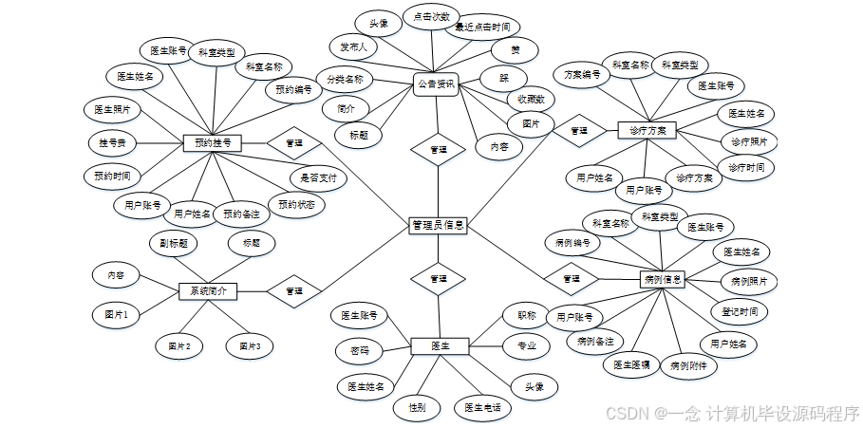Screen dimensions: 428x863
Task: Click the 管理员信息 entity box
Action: [438, 225]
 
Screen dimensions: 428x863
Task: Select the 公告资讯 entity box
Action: [436, 84]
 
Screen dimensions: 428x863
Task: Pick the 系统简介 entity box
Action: [207, 290]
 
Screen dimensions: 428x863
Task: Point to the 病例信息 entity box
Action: [663, 279]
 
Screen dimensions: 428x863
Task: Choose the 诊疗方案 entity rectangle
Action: [647, 129]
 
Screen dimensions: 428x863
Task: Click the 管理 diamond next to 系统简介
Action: [293, 290]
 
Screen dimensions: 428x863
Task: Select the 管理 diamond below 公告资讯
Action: [438, 149]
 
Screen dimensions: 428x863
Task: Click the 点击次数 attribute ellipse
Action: [431, 17]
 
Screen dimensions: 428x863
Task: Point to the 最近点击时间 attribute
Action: [488, 28]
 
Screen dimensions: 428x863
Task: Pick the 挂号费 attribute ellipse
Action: [113, 142]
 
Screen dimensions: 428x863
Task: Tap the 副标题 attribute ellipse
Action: [178, 243]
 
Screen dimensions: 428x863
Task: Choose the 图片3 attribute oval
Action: [250, 346]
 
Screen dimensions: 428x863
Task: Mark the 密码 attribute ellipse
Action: [359, 350]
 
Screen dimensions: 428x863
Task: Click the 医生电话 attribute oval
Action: [482, 408]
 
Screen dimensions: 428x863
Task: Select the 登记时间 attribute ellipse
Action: [740, 311]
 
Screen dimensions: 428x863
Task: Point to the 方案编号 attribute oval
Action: [582, 74]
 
